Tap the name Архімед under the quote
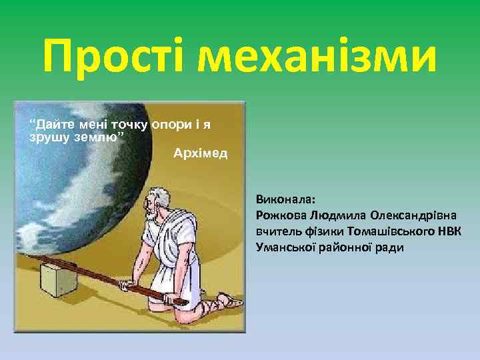pos(200,154)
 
